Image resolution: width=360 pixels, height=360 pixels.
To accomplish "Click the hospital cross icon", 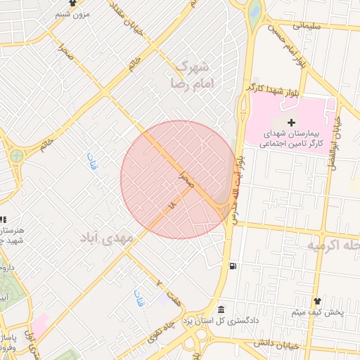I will (x=291, y=123).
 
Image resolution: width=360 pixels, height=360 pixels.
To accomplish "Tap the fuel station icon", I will (x=232, y=266).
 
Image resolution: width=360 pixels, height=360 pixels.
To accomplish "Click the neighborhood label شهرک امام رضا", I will (x=191, y=75).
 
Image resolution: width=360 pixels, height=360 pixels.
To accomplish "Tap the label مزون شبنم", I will (x=72, y=13).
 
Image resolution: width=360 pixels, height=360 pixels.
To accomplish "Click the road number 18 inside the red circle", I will (x=172, y=205).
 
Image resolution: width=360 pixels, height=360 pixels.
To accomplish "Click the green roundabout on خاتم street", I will (x=16, y=155).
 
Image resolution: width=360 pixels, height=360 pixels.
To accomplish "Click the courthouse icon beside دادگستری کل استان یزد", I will (x=221, y=309).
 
